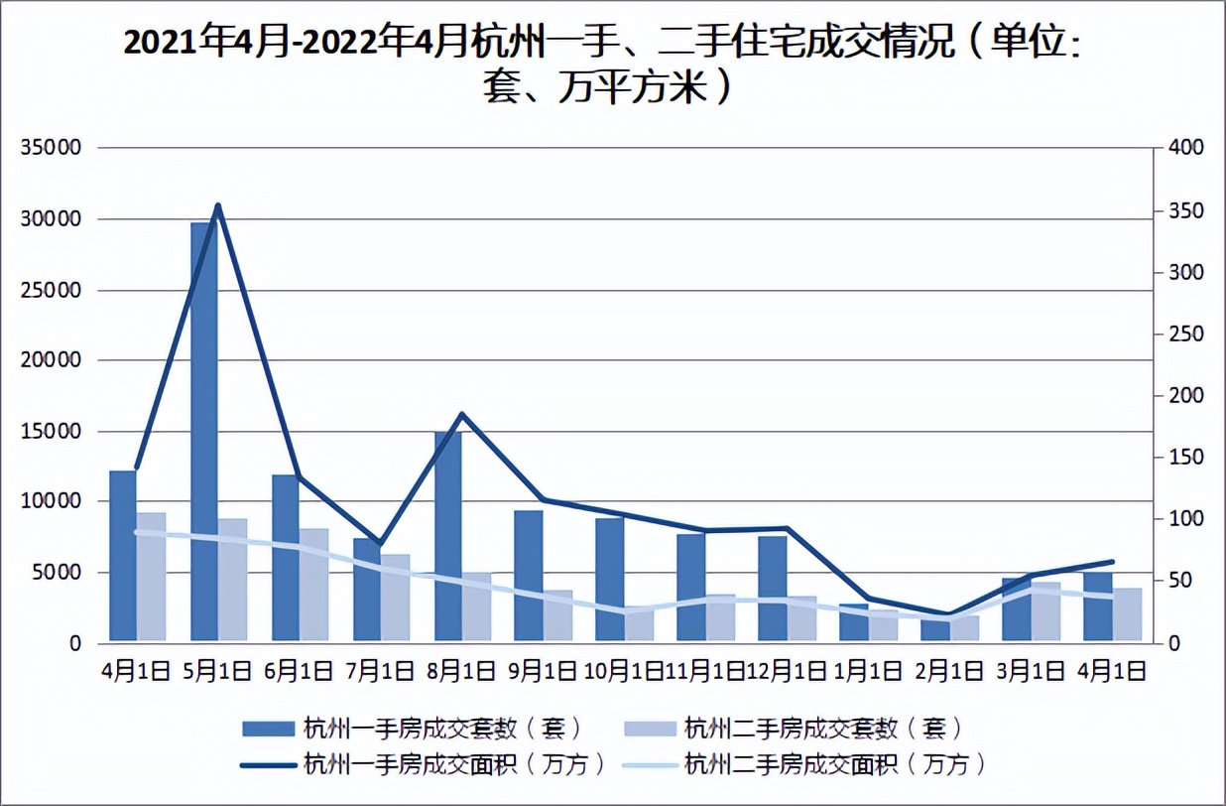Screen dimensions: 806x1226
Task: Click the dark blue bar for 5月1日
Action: pyautogui.click(x=203, y=432)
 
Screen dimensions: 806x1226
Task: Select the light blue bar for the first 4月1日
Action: pyautogui.click(x=151, y=577)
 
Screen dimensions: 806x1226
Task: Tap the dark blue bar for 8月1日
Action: pyautogui.click(x=447, y=536)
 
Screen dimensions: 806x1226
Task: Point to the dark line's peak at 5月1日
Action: pyautogui.click(x=217, y=205)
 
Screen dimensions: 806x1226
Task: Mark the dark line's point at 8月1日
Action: pyautogui.click(x=461, y=414)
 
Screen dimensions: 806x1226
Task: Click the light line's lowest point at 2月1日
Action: pyautogui.click(x=949, y=618)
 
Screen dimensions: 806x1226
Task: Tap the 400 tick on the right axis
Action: pyautogui.click(x=1185, y=148)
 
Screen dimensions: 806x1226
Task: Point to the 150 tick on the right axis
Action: pyautogui.click(x=1185, y=458)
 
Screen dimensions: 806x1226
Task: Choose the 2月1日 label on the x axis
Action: pyautogui.click(x=949, y=671)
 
